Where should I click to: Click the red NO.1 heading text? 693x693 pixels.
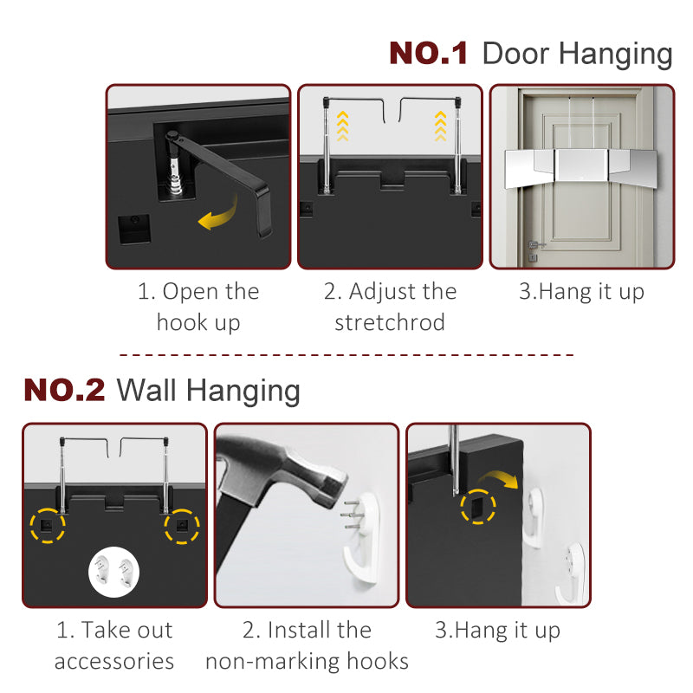pos(428,53)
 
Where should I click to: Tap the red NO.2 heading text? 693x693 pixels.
pos(64,390)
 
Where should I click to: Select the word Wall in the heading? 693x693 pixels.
pos(146,390)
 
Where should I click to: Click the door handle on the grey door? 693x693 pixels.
pos(535,244)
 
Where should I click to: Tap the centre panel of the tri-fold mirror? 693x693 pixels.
pos(581,164)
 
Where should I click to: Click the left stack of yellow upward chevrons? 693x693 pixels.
pos(342,126)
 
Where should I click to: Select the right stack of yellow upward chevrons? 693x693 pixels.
pos(440,126)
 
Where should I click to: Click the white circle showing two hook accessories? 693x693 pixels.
pos(114,572)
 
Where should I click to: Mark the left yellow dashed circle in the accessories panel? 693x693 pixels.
pos(48,526)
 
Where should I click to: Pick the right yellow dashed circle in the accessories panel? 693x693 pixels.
pos(182,527)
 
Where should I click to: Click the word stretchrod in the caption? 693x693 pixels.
pos(390,322)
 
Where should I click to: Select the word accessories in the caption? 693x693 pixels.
pos(114,661)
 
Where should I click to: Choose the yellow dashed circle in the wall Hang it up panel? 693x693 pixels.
pos(478,507)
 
